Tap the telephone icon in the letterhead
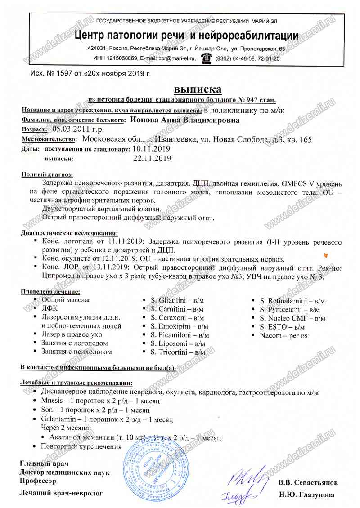coord(207,58)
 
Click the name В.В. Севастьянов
coord(308,483)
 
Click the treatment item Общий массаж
coord(66,299)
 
